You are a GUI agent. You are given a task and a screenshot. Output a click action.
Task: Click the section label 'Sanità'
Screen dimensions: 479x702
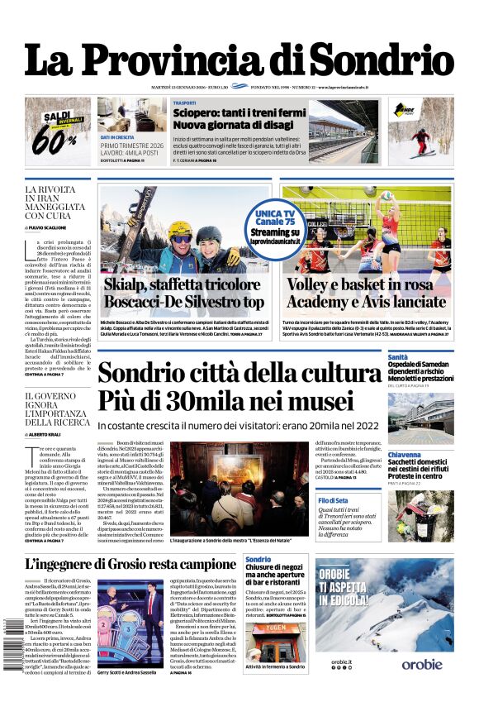tap(398, 356)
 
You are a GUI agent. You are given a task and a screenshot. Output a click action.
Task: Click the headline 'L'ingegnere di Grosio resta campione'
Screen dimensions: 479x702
tap(130, 565)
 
